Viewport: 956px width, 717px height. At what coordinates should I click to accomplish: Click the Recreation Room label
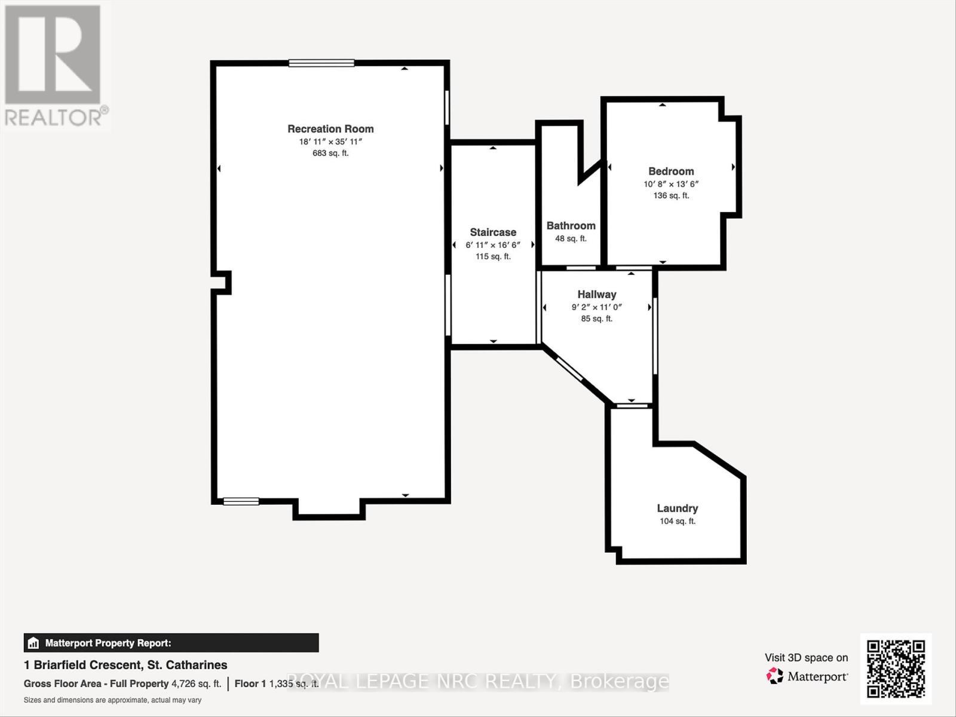pyautogui.click(x=330, y=128)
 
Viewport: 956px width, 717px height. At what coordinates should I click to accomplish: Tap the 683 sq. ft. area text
pyautogui.click(x=330, y=153)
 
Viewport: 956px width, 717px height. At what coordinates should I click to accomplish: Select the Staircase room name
pyautogui.click(x=493, y=232)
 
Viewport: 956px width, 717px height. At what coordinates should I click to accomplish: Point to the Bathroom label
pyautogui.click(x=571, y=225)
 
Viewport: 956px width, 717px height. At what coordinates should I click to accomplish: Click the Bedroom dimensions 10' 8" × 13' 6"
pyautogui.click(x=671, y=184)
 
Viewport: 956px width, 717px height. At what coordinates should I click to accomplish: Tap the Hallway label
pyautogui.click(x=596, y=294)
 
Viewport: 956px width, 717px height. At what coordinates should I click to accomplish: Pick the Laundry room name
pyautogui.click(x=677, y=508)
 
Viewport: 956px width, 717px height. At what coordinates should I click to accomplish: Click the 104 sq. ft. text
pyautogui.click(x=677, y=521)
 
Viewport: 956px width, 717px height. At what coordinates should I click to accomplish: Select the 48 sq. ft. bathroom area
pyautogui.click(x=571, y=238)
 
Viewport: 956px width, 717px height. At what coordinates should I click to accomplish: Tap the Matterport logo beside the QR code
pyautogui.click(x=807, y=676)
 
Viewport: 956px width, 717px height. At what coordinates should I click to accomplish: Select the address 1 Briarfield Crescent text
pyautogui.click(x=125, y=664)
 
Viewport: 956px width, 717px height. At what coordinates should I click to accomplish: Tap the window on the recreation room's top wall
pyautogui.click(x=321, y=63)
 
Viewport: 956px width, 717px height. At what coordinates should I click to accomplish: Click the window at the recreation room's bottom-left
pyautogui.click(x=241, y=501)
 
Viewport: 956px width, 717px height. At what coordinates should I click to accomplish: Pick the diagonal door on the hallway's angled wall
pyautogui.click(x=569, y=368)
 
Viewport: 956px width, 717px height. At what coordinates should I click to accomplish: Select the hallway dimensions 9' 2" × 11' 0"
pyautogui.click(x=596, y=307)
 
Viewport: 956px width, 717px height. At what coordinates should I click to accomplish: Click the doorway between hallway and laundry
pyautogui.click(x=632, y=406)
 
